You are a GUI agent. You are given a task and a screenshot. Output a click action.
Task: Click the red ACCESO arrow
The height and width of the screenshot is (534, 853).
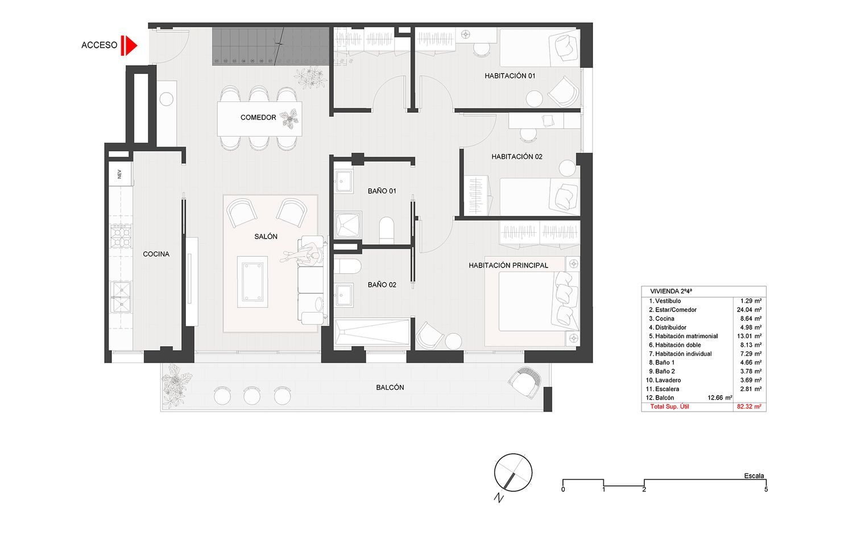pyautogui.click(x=129, y=46)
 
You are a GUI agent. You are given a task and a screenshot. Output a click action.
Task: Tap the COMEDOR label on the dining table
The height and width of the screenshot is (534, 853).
pyautogui.click(x=258, y=117)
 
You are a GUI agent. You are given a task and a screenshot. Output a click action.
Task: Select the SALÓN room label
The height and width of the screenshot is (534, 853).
pyautogui.click(x=266, y=237)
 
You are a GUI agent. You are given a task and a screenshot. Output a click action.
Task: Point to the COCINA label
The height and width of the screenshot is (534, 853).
pyautogui.click(x=156, y=254)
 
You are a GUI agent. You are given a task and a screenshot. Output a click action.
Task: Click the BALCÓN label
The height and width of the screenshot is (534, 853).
pyautogui.click(x=390, y=388)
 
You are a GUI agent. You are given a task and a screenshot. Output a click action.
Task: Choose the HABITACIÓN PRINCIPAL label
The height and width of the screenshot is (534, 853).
pyautogui.click(x=508, y=266)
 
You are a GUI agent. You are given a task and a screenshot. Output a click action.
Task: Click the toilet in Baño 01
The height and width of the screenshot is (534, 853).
pyautogui.click(x=387, y=230)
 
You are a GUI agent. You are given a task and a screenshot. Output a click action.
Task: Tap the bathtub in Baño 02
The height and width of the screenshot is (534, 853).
pyautogui.click(x=372, y=331)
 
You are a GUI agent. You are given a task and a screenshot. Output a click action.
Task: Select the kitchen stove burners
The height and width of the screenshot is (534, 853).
pyautogui.click(x=121, y=236)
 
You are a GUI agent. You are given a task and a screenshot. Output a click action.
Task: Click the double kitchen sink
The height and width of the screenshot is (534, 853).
pyautogui.click(x=121, y=297)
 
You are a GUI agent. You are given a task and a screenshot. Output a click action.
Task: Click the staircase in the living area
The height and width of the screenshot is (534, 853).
pyautogui.click(x=271, y=46)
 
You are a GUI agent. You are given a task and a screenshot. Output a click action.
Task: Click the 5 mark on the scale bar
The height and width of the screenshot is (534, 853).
pyautogui.click(x=766, y=490)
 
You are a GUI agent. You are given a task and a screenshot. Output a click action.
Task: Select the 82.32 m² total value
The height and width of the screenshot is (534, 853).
pyautogui.click(x=749, y=406)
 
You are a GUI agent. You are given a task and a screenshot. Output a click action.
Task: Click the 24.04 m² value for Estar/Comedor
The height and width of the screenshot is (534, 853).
pyautogui.click(x=749, y=310)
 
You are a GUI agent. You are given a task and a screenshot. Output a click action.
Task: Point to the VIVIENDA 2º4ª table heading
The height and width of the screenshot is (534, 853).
pyautogui.click(x=671, y=291)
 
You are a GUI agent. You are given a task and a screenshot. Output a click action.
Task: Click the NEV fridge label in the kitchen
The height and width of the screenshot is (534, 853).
pyautogui.click(x=119, y=174)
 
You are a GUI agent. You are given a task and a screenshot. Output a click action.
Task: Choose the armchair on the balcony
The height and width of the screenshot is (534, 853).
pyautogui.click(x=524, y=383)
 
